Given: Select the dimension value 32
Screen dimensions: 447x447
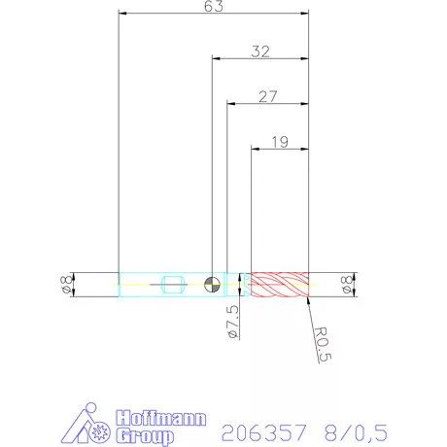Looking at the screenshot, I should pyautogui.click(x=260, y=52).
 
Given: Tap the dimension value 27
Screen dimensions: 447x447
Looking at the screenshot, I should pyautogui.click(x=268, y=95).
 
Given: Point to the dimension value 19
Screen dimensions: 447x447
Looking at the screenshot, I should pyautogui.click(x=280, y=142).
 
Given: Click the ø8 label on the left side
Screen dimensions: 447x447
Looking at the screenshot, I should pyautogui.click(x=65, y=284).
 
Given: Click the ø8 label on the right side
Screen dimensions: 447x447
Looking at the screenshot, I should pyautogui.click(x=347, y=284).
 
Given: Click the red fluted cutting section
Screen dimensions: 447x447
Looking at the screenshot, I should pyautogui.click(x=279, y=284).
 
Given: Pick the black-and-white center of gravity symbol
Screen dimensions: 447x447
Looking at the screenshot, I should pyautogui.click(x=212, y=284).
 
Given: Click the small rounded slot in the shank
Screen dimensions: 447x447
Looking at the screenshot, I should pyautogui.click(x=173, y=285).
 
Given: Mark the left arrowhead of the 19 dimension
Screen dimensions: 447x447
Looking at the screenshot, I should pyautogui.click(x=254, y=149).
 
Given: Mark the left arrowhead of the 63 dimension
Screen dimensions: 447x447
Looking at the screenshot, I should pyautogui.click(x=120, y=14).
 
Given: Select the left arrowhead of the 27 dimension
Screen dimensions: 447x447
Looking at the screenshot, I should pyautogui.click(x=229, y=102).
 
